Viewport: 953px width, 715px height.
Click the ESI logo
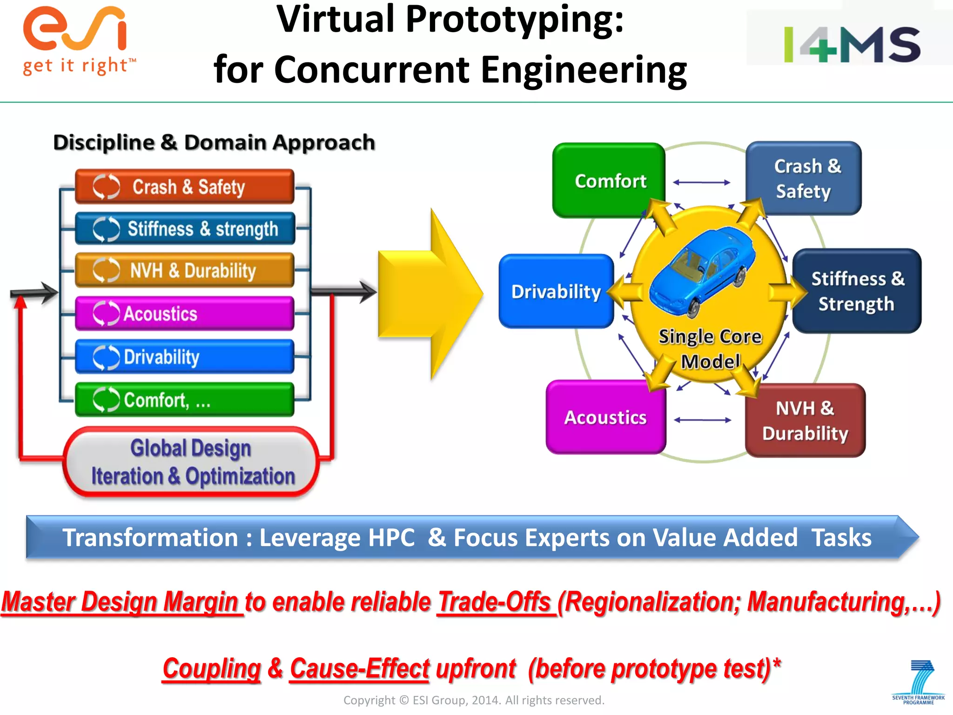77,40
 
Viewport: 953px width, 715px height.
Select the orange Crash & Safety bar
185,187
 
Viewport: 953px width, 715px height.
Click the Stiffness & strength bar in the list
185,229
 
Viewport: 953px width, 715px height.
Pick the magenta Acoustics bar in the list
185,313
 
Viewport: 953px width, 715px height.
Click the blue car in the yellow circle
703,270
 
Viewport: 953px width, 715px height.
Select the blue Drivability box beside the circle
556,291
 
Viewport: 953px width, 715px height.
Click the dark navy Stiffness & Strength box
857,291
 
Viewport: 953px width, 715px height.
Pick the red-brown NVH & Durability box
805,420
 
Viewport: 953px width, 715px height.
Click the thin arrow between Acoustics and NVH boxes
703,420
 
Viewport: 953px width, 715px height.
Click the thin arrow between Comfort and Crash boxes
702,182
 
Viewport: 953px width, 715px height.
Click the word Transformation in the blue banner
150,538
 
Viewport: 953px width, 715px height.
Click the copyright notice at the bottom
474,700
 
